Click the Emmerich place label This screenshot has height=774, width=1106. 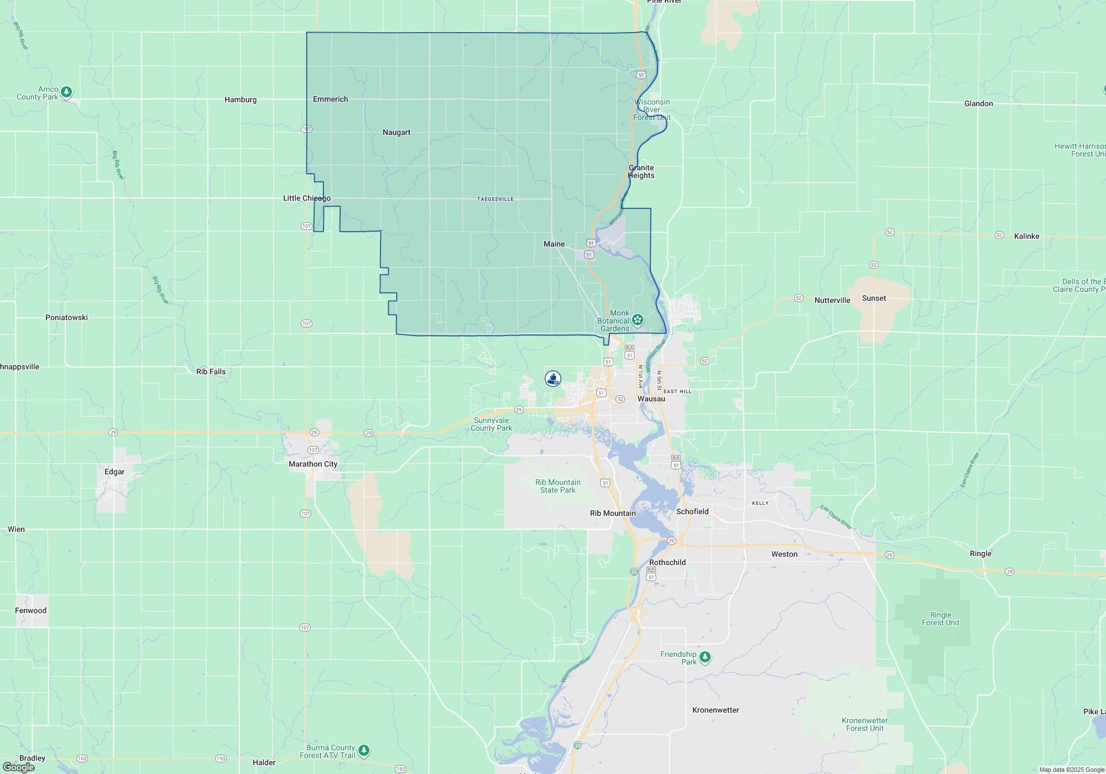(330, 100)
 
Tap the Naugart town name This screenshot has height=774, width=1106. (397, 133)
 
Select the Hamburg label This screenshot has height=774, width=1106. (241, 100)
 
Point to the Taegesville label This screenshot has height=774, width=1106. (495, 199)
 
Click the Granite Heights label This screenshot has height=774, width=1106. (641, 172)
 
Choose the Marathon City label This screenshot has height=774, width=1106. (313, 464)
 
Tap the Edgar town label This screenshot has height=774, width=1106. (114, 472)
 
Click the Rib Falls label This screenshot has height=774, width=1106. (211, 372)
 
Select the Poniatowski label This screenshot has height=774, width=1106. (66, 318)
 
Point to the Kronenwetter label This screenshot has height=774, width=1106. (716, 710)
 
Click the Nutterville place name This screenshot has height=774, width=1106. (832, 301)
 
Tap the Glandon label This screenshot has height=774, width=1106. (978, 104)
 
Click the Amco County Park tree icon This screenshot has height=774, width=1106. (66, 92)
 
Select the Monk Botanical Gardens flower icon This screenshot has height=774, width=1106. (638, 320)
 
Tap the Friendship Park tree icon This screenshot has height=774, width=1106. (705, 657)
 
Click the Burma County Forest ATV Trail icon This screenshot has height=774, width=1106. (363, 750)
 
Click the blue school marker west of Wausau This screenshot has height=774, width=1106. (553, 379)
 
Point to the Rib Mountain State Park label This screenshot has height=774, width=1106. (557, 487)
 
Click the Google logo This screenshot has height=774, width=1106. (19, 767)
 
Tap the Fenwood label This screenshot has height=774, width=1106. (31, 611)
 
